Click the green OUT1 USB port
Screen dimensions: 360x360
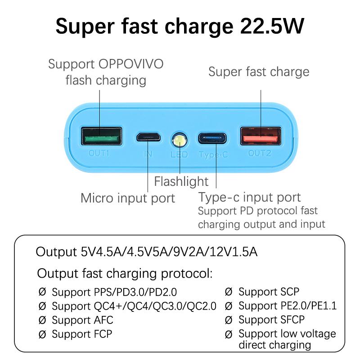coord(101,136)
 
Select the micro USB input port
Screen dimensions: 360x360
coord(149,137)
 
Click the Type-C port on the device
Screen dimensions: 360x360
coord(213,137)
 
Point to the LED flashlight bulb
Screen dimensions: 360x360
coord(180,140)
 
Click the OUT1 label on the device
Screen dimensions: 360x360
coord(99,153)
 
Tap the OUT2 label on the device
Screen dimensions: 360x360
coord(260,153)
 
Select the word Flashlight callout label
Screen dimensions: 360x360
coord(181,181)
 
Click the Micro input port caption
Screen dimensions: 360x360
coord(127,198)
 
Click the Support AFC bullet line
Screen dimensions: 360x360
coord(82,320)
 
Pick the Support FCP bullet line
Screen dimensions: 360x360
coord(81,334)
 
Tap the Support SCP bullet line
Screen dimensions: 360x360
coord(269,292)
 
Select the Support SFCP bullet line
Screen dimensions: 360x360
coord(271,320)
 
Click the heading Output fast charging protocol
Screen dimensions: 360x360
coord(125,273)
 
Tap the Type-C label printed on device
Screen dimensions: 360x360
coord(213,154)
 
